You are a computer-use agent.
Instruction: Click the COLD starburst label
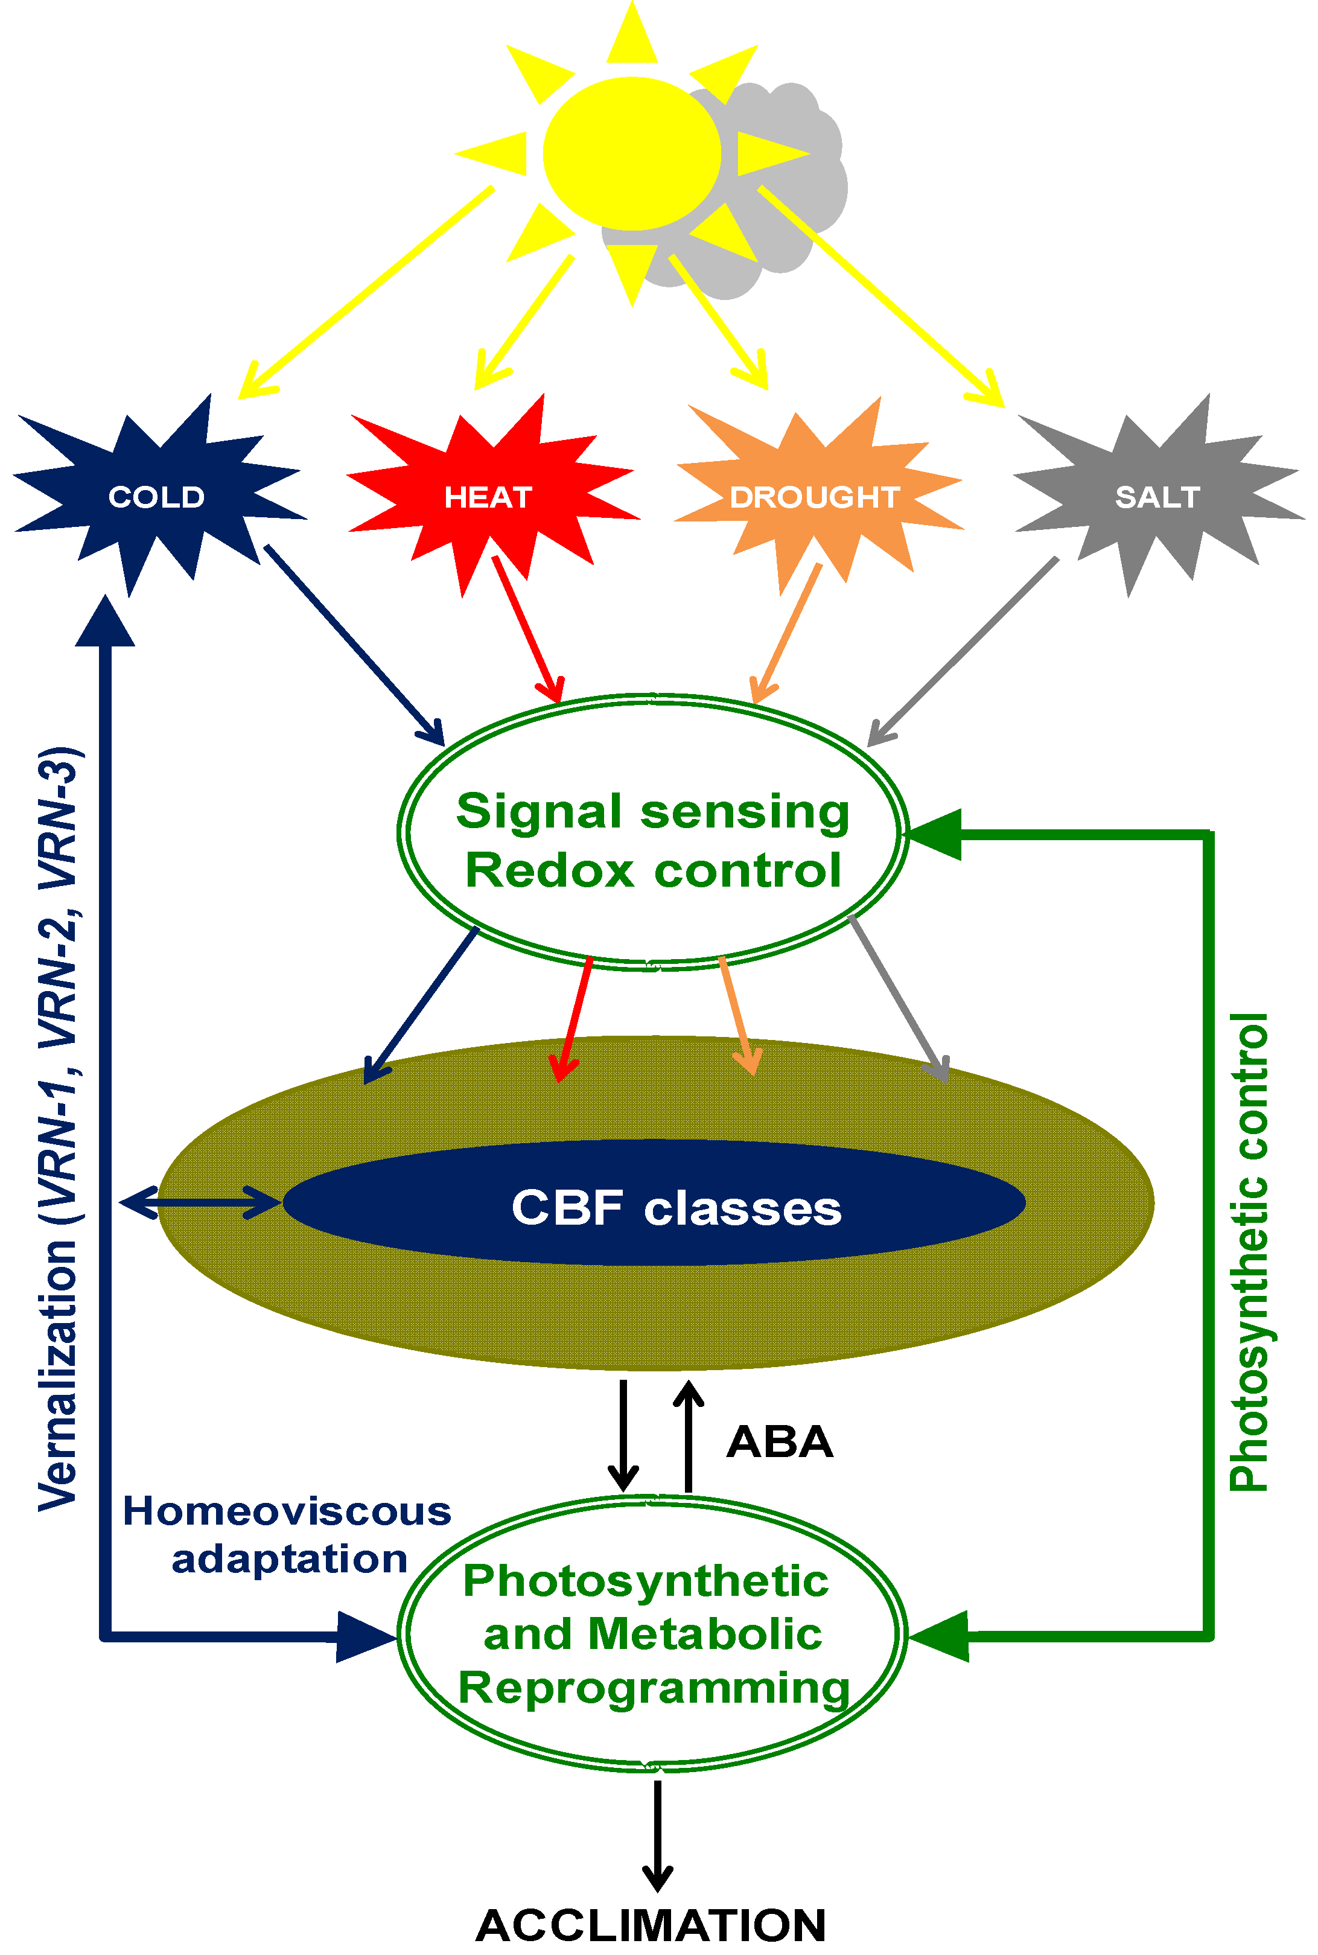point(157,497)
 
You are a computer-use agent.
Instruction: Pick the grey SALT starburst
point(1157,497)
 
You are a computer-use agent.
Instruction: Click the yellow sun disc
point(632,153)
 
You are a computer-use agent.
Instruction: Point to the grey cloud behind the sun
point(782,193)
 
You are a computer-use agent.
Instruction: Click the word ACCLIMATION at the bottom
point(651,1925)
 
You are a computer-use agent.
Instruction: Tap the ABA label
point(780,1443)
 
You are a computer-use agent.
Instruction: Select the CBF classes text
point(677,1208)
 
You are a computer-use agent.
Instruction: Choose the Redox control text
point(653,870)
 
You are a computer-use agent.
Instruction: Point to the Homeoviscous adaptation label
point(287,1535)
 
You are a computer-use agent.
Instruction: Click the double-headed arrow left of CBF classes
point(200,1203)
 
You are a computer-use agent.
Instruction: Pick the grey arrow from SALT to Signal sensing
point(961,651)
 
